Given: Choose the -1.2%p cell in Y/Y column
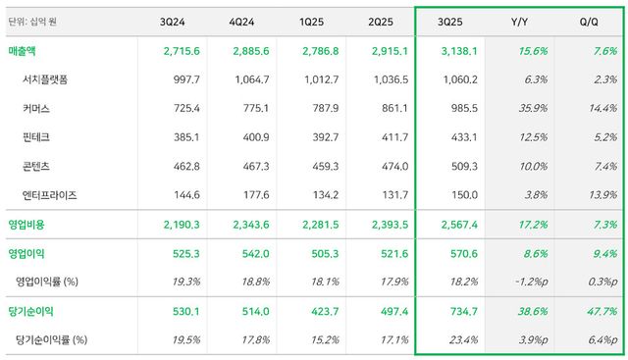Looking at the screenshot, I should coord(528,282).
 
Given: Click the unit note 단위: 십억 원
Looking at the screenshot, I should coord(35,20).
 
